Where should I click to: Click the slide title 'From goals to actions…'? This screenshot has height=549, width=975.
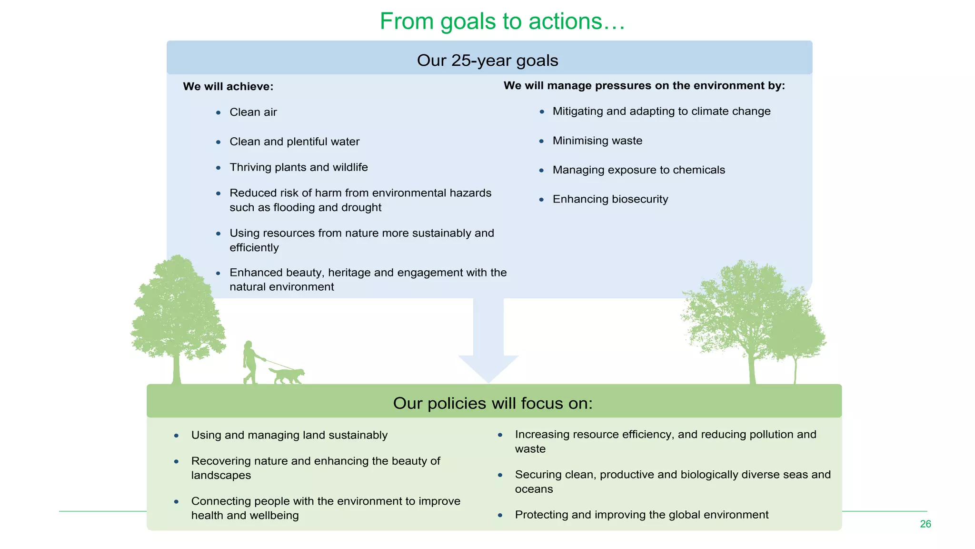[x=502, y=21]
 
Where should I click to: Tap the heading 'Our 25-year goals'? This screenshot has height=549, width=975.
[x=487, y=61]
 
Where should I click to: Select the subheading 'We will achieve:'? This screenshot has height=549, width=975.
[x=228, y=87]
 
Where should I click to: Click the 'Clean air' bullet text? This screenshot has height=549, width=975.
[x=253, y=112]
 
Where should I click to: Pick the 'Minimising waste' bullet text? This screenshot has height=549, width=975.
[x=597, y=141]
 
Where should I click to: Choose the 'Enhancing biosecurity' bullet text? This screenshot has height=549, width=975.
[x=610, y=199]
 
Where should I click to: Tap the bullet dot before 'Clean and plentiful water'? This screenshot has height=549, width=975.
[x=218, y=142]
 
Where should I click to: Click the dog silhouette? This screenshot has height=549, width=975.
[x=287, y=375]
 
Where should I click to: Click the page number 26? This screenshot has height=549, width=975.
[x=925, y=524]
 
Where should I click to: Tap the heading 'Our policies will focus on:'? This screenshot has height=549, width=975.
[x=493, y=404]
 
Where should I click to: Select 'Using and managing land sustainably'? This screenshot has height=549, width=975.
[x=289, y=435]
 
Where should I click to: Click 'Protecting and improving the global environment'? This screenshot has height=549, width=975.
[x=641, y=515]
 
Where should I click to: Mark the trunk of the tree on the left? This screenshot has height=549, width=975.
[x=177, y=369]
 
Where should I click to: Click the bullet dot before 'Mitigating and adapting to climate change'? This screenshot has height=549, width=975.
[x=542, y=112]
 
